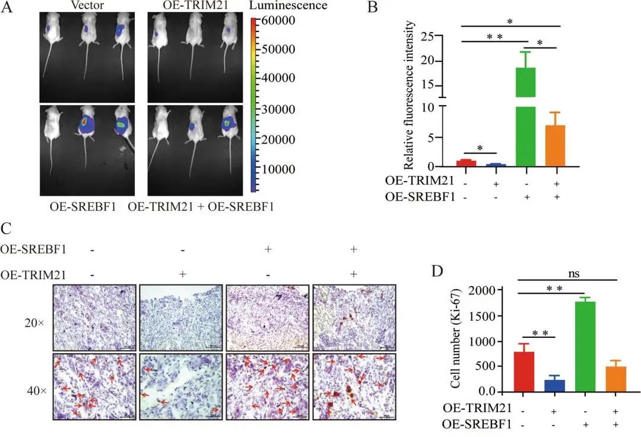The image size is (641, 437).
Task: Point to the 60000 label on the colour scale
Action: pyautogui.click(x=279, y=21)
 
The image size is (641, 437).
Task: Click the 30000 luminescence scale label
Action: pyautogui.click(x=279, y=109)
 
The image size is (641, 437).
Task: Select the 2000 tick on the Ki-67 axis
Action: pyautogui.click(x=484, y=290)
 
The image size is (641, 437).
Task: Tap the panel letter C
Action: pyautogui.click(x=8, y=227)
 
